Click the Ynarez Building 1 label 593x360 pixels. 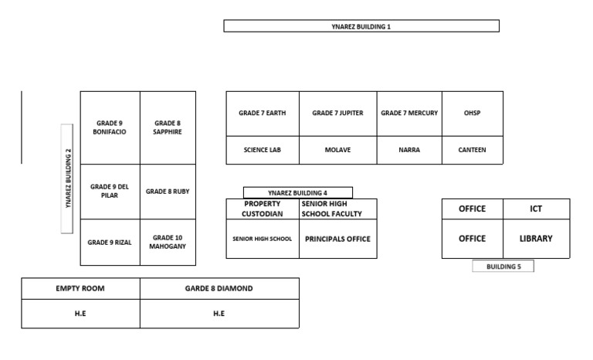coord(361,26)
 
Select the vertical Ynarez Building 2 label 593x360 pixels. coord(67,178)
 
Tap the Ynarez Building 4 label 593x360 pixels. coord(297,192)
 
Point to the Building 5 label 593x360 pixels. coord(503,267)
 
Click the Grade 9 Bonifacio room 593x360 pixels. coord(110,127)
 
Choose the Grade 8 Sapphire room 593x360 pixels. coord(168,127)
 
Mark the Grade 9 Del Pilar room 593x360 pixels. coord(110,191)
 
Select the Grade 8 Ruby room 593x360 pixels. coord(168,191)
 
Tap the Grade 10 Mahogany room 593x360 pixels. coord(168,243)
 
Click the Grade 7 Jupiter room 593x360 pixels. coord(338,113)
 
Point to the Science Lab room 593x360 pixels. coord(263,150)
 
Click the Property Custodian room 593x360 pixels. coord(263,209)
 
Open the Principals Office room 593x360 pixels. coord(338,239)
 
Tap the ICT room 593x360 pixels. coord(536,209)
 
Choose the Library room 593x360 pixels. coord(536,239)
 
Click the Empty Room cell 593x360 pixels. coord(80,289)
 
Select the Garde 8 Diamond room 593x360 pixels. coord(219,289)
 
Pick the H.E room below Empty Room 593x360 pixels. coord(80,314)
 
